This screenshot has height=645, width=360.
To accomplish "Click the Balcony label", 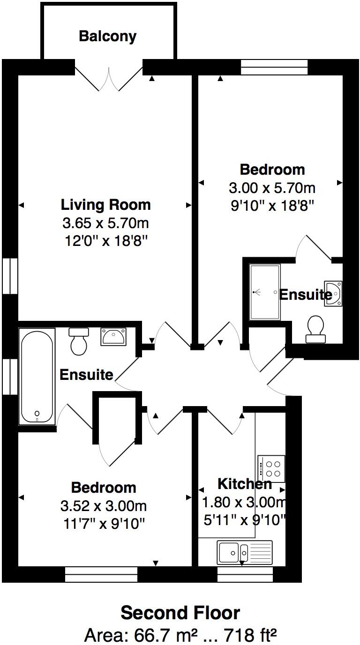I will pos(107,37).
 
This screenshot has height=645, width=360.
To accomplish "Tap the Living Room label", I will pos(106,205).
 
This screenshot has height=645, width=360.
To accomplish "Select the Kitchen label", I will pos(244,483).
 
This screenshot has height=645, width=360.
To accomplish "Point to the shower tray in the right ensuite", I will pos(264,292).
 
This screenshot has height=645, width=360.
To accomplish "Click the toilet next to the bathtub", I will pos(78,341).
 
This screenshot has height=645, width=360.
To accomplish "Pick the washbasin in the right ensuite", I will pos(333,293).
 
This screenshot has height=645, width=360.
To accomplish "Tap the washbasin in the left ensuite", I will pos(112,336).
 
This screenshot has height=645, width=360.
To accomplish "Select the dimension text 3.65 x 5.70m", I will pos(106,223).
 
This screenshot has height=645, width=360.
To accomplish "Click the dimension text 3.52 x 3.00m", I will pos(104,506).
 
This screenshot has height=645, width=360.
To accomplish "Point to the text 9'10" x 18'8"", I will pos(271,205).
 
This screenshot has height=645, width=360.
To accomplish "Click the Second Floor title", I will pos(180,613).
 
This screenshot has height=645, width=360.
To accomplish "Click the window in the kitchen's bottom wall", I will pos(245,574).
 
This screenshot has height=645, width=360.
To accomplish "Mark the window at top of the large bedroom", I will pos(274,67).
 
